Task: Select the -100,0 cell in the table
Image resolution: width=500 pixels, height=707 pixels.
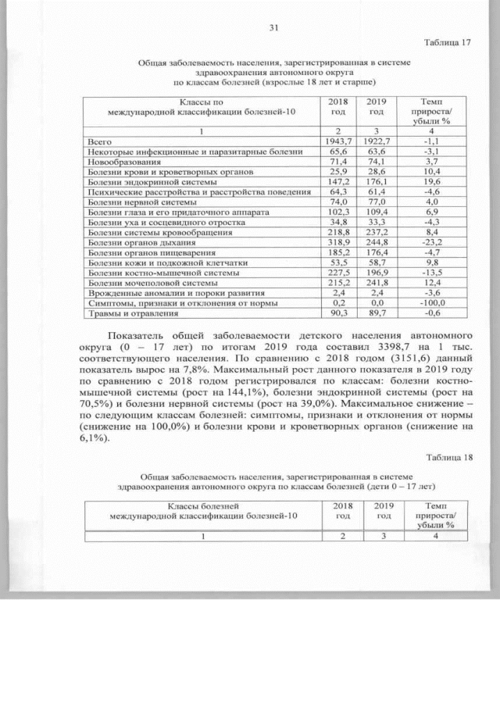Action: tap(430, 303)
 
